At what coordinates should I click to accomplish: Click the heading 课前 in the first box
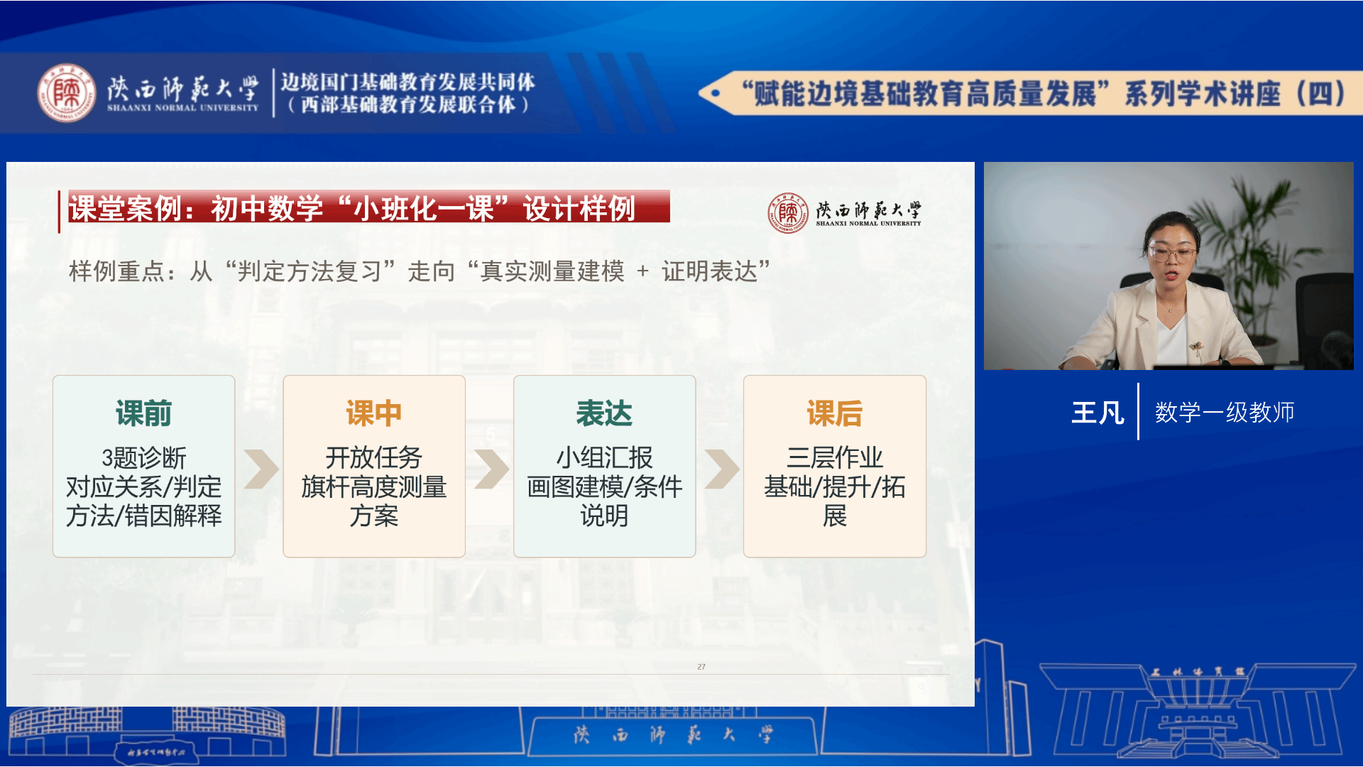coord(143,413)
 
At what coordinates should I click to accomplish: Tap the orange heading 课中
coord(374,413)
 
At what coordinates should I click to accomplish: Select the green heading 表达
coord(604,413)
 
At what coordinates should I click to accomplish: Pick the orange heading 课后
coord(835,413)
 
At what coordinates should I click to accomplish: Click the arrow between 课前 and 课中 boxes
coord(261,469)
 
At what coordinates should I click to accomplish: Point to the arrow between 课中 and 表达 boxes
coord(491,469)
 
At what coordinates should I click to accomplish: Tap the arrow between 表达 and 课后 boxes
coord(722,469)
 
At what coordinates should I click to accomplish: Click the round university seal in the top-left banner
coord(67,93)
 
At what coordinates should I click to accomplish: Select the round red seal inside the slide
coord(788,212)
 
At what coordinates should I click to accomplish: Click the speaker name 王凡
coord(1097,413)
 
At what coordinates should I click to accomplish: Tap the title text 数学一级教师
coord(1225,413)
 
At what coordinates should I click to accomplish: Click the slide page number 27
coord(701,667)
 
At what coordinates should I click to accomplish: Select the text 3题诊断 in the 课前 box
coord(144,458)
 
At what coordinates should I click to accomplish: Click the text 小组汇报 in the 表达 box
coord(604,458)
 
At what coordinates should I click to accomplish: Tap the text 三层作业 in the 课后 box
coord(835,458)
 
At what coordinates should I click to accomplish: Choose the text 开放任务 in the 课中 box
coord(374,458)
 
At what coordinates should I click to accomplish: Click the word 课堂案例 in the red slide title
coord(125,209)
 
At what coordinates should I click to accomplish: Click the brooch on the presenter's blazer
coord(1197,348)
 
